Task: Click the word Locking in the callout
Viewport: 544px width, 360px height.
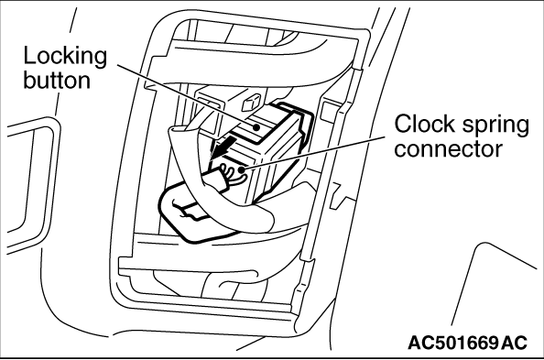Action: pyautogui.click(x=65, y=57)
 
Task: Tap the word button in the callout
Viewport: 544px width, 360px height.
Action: pyautogui.click(x=57, y=81)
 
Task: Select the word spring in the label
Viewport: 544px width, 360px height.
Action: pyautogui.click(x=495, y=126)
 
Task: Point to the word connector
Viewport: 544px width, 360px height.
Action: pyautogui.click(x=448, y=149)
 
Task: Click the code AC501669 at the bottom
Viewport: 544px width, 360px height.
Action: pyautogui.click(x=453, y=343)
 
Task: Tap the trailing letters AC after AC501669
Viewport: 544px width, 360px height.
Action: pyautogui.click(x=515, y=343)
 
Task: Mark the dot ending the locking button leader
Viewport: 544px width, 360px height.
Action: pyautogui.click(x=256, y=127)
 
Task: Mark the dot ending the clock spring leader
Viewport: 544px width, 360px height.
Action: pyautogui.click(x=241, y=169)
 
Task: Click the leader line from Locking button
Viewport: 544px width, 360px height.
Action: pyautogui.click(x=186, y=95)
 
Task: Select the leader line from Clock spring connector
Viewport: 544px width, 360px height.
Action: pyautogui.click(x=313, y=153)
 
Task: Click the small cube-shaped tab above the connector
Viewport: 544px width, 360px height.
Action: pyautogui.click(x=251, y=102)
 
